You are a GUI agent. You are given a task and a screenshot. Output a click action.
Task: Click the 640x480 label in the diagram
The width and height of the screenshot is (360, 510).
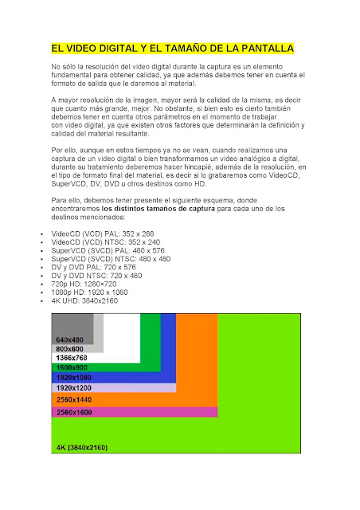click(x=69, y=339)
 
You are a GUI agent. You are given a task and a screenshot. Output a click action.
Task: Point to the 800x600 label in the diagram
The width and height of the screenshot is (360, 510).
click(x=70, y=349)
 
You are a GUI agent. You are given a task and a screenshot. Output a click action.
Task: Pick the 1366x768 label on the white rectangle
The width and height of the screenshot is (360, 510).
click(x=72, y=359)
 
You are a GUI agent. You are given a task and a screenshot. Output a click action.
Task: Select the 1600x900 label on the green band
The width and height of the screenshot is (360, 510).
click(x=72, y=368)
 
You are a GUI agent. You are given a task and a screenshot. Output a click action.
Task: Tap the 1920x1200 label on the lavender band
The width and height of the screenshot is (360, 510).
click(x=73, y=387)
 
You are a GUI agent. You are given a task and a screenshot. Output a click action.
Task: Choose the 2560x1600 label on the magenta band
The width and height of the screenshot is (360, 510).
click(x=73, y=411)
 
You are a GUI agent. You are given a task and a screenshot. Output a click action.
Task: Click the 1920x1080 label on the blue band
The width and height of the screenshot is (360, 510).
click(x=73, y=378)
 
